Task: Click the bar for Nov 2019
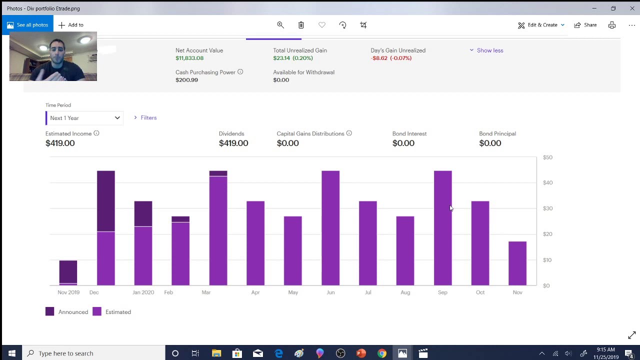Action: pos(68,272)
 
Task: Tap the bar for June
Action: pos(330,228)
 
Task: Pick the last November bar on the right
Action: pos(517,263)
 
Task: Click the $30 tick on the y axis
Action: pos(548,208)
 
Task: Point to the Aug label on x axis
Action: pos(405,292)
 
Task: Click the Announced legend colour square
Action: pos(49,312)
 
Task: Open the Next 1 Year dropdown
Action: pos(84,118)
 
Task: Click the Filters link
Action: pos(148,118)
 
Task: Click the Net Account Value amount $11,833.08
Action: pos(189,58)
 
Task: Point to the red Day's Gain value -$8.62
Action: pos(391,58)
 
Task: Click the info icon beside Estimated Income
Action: pos(96,133)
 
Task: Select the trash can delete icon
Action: pos(301,25)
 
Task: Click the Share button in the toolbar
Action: pos(585,25)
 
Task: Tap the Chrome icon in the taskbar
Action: pos(381,353)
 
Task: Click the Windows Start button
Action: pos(12,353)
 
